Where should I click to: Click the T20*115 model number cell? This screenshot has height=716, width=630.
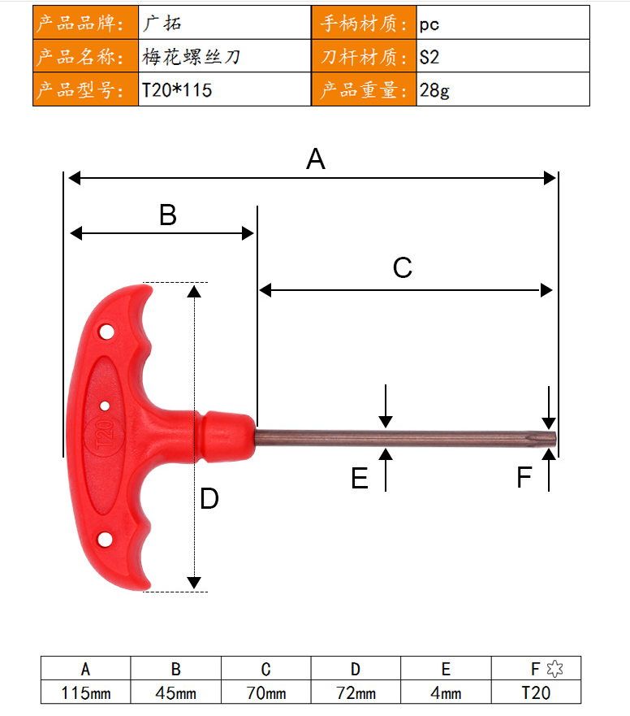pos(177,90)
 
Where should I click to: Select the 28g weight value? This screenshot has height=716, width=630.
pos(434,90)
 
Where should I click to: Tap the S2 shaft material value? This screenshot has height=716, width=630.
pos(429,57)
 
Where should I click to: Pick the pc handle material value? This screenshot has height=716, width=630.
pos(429,24)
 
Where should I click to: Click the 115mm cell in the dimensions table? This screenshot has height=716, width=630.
pos(86,692)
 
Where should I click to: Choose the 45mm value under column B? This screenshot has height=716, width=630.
pos(175,692)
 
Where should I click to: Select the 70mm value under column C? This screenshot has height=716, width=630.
pos(266,692)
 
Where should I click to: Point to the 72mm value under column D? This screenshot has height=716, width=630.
pos(356,692)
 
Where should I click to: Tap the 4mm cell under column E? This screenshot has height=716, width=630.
pos(446,692)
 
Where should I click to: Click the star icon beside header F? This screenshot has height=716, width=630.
pos(554,669)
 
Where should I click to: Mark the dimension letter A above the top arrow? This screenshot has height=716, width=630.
pos(316,159)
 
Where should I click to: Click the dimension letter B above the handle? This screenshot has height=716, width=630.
pos(168,215)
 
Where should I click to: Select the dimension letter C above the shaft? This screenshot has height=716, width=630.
pos(403,267)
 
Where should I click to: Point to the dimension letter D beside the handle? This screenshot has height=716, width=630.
pos(209,498)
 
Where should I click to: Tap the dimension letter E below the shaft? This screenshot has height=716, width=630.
pos(360,478)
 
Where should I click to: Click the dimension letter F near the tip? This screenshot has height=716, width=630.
pos(524,477)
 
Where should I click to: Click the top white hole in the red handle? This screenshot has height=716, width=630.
pos(106,332)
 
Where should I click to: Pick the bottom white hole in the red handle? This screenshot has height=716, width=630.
pos(105,540)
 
